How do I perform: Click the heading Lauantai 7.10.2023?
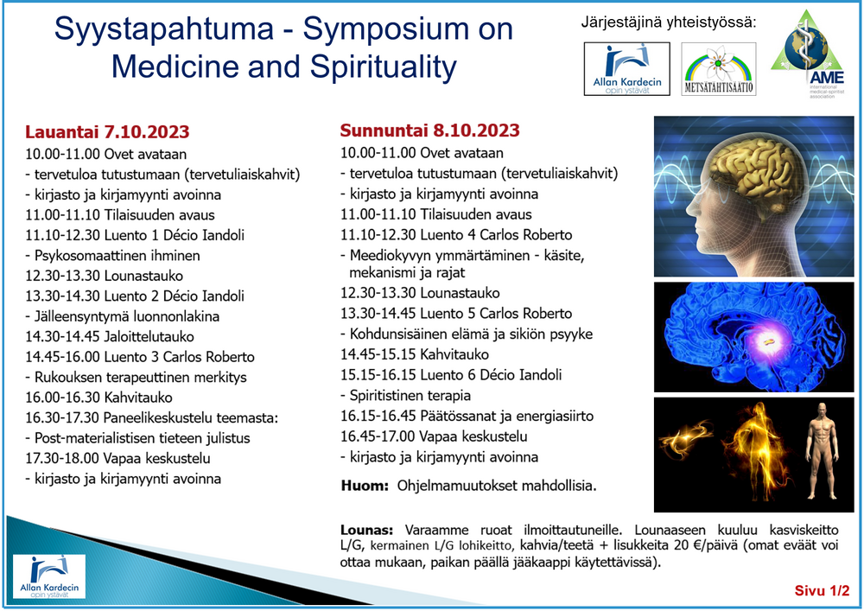pos(107,132)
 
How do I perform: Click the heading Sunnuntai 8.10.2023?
pos(429,130)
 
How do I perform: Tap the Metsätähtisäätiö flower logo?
pos(719,69)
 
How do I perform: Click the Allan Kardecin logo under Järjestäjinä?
pos(627,69)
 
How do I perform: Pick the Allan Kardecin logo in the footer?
pos(49,576)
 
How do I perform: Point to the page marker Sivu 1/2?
pos(823,590)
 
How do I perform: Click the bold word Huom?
pos(365,486)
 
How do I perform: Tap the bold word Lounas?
pos(366,530)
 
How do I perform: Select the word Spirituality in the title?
pos(384,67)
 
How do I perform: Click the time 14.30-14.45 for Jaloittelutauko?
pos(63,337)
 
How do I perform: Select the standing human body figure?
pos(823,450)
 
